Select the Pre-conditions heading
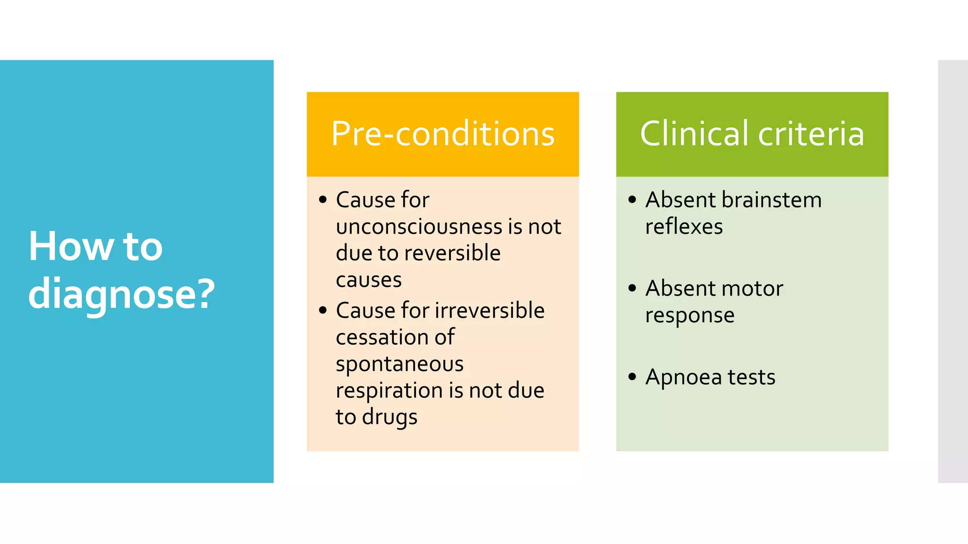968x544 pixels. (x=443, y=134)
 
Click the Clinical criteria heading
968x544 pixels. (x=752, y=134)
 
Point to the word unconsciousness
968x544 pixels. (x=419, y=227)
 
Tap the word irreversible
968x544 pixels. (x=489, y=311)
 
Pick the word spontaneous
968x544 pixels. (x=400, y=364)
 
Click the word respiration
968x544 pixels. (x=389, y=391)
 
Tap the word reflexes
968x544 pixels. (x=684, y=227)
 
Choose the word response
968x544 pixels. (x=690, y=315)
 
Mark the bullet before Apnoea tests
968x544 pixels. (x=632, y=377)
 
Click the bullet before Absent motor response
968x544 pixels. (x=632, y=288)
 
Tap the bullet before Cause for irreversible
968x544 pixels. (x=323, y=310)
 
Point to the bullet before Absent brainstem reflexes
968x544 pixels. (x=632, y=199)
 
